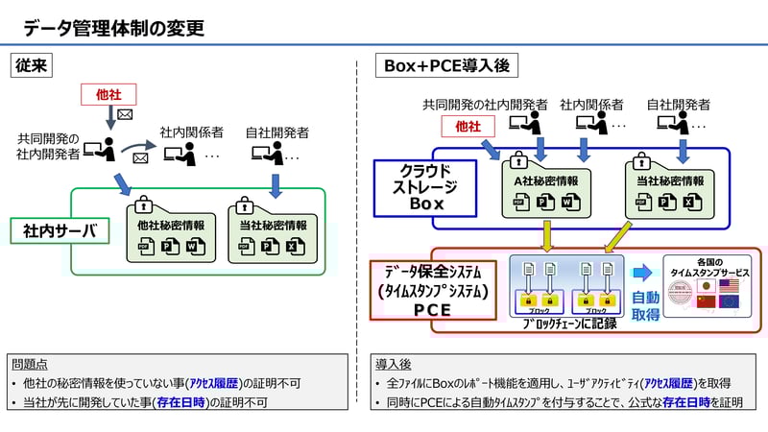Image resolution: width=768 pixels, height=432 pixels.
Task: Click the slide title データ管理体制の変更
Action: click(114, 28)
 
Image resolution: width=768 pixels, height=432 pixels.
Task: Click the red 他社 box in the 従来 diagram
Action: click(108, 94)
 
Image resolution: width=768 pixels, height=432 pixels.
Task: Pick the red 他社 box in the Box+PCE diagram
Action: click(467, 127)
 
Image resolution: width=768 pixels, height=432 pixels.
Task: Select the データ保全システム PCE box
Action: click(432, 288)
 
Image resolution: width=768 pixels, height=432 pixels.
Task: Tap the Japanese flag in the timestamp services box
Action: click(708, 286)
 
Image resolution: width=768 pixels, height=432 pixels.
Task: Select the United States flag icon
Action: click(730, 286)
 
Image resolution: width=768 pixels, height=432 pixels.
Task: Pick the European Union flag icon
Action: click(730, 302)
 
